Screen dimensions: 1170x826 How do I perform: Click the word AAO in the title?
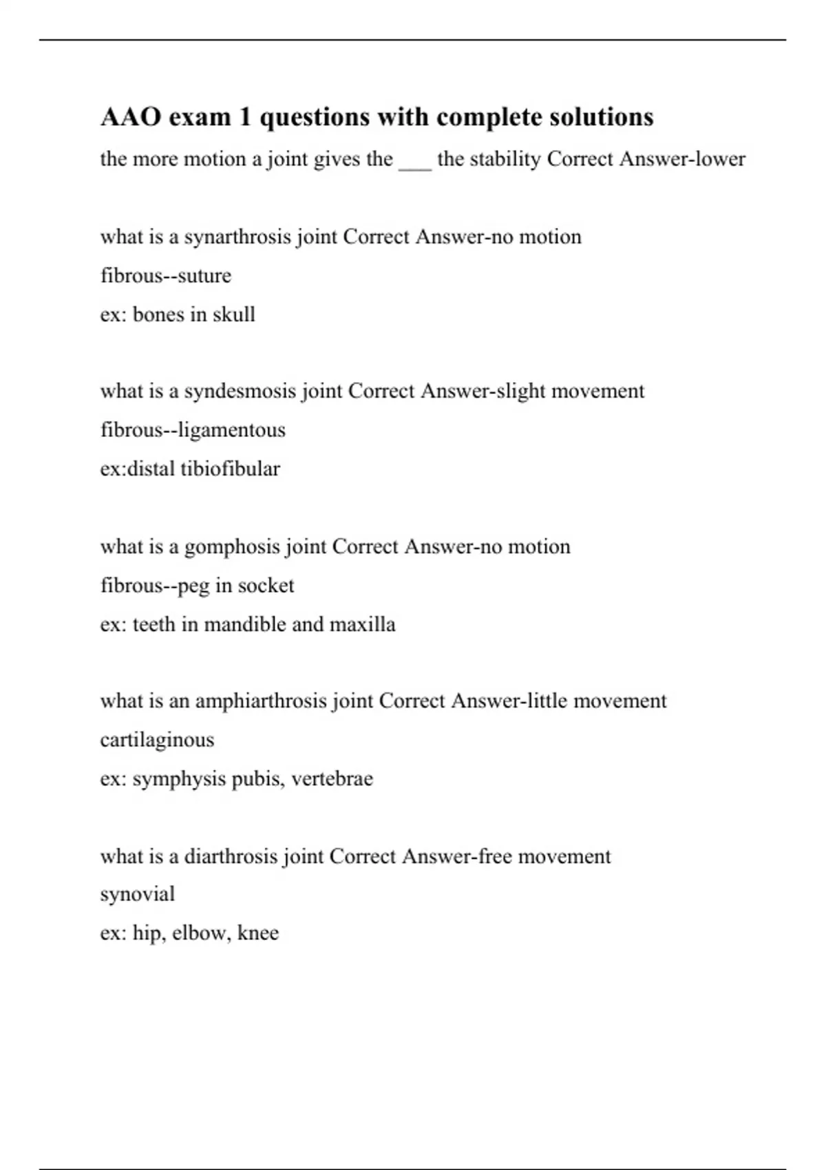(131, 118)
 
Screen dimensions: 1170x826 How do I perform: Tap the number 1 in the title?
(245, 118)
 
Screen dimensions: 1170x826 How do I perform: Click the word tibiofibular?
(230, 469)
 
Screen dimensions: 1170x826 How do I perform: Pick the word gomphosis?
(232, 547)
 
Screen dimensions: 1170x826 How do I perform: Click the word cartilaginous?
(157, 741)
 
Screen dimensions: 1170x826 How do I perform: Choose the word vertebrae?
(332, 779)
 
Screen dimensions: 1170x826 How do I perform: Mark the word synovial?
(138, 895)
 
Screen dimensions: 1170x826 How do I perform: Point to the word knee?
(258, 933)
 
